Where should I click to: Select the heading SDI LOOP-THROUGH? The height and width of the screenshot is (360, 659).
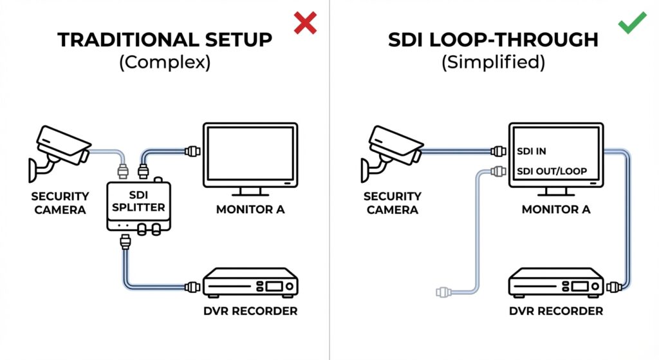tap(494, 40)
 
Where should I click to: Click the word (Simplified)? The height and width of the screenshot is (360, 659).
tap(494, 63)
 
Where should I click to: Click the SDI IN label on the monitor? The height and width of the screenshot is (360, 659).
tap(534, 152)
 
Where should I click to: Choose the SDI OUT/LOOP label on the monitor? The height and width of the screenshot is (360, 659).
tap(550, 173)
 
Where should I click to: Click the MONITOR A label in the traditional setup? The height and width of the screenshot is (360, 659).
tap(250, 209)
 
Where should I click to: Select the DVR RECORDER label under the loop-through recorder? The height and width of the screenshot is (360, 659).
tap(556, 312)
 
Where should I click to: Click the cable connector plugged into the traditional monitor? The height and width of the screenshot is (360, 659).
tap(192, 152)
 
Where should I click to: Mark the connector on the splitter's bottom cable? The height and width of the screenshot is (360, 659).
tap(126, 243)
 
